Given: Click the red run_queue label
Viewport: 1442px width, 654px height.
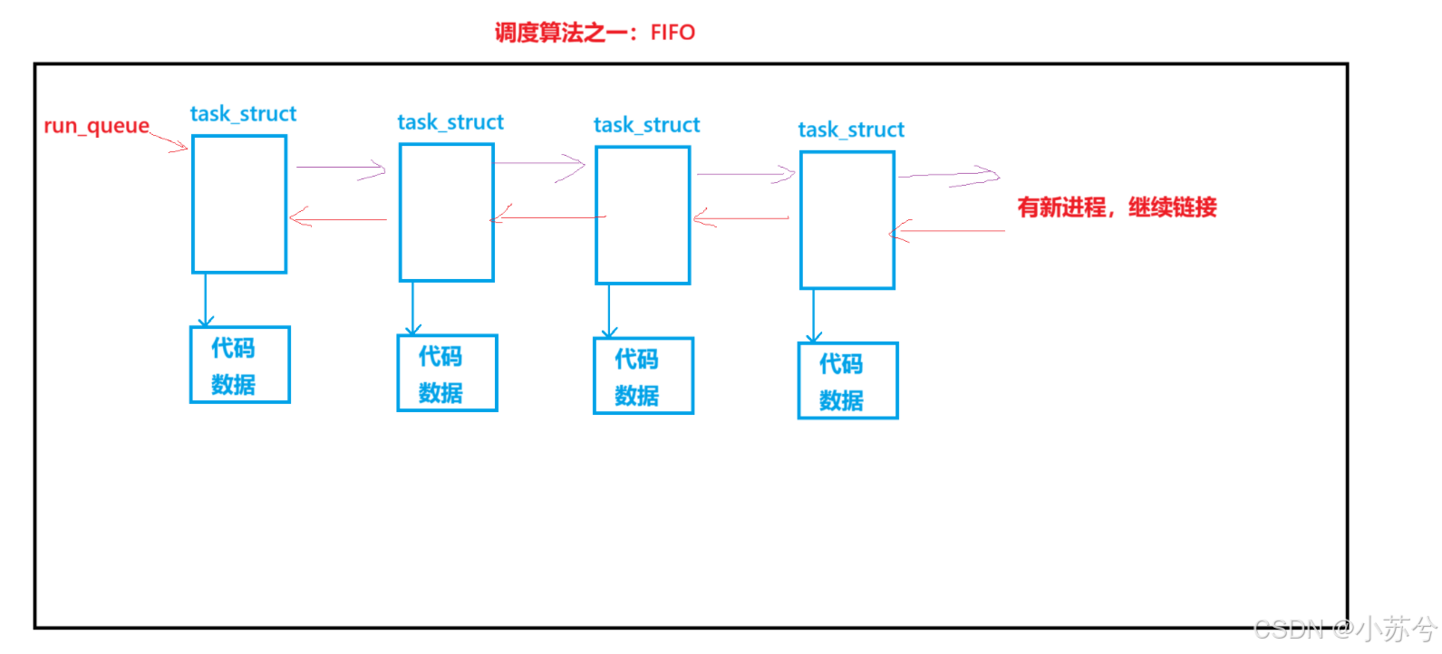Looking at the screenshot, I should pos(96,126).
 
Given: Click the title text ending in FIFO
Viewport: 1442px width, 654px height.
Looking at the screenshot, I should pos(595,33).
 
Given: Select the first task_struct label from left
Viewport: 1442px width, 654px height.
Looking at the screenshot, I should pos(243,114).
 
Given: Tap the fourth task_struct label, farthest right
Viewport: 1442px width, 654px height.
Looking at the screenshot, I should pos(851,130).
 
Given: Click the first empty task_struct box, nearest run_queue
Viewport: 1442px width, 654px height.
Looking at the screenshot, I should pos(239,204).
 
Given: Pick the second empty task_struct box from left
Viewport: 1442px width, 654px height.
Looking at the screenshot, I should pos(447,212).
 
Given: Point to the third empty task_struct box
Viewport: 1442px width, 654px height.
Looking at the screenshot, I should pos(643,216).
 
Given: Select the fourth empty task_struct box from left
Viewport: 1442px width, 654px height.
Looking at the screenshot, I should pos(847,220).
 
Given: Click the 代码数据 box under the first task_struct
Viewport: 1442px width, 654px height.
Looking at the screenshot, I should pos(239,365).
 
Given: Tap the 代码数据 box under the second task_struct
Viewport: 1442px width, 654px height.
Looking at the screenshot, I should pos(447,373).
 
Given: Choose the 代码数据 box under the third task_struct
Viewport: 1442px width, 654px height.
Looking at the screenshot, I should pos(644,376).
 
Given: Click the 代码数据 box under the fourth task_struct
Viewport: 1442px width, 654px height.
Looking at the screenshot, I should pos(847,380).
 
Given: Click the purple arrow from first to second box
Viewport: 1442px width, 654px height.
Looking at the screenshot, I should pos(340,168).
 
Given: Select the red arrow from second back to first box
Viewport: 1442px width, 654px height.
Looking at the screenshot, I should pos(337,218).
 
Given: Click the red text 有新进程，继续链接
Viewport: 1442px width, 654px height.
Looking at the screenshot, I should pos(1117,207).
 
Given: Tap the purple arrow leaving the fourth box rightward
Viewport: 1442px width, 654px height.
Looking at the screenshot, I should pos(948,176).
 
